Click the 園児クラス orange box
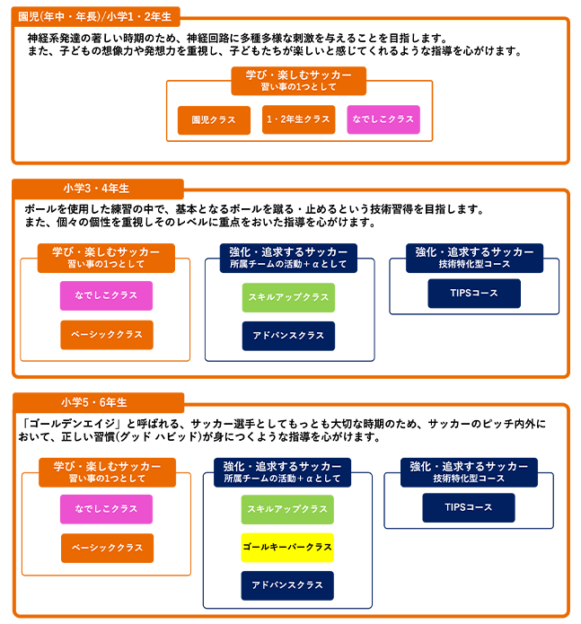coord(214,120)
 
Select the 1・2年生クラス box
coord(298,119)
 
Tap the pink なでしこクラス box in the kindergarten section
coord(383,119)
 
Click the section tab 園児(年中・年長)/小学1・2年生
coord(95,17)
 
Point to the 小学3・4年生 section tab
coord(98,189)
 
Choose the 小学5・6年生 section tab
coord(98,403)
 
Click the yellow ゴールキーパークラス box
coord(287,548)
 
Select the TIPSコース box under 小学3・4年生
coord(474,294)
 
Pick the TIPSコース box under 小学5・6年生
coord(469,507)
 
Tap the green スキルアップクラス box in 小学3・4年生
coord(288,297)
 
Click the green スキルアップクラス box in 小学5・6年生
coord(287,509)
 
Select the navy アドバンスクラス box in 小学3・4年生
coord(288,336)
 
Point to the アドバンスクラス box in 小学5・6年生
coord(287,585)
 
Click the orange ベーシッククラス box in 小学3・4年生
coord(107,335)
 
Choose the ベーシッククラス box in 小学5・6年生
coord(107,548)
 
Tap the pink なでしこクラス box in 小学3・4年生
coord(106,295)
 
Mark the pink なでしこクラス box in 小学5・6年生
coord(106,509)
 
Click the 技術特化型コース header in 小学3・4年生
coord(474,259)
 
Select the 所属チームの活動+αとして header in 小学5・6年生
coord(282,472)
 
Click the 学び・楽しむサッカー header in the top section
coord(298,81)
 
